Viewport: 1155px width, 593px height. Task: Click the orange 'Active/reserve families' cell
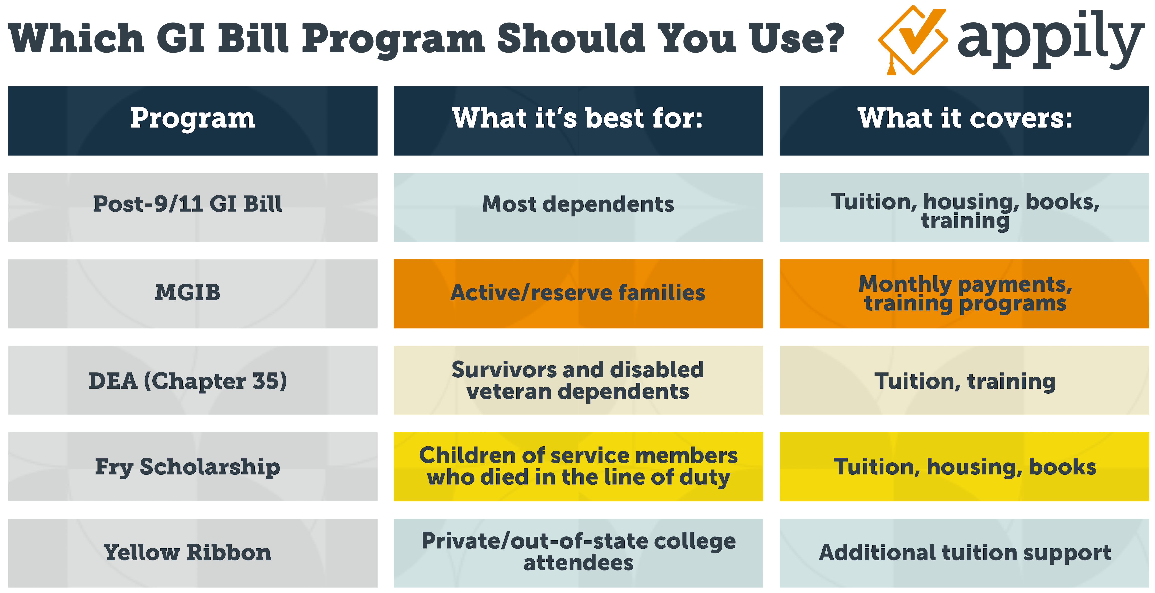[x=578, y=293]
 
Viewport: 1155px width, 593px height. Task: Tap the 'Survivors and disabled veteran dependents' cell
[x=578, y=381]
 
